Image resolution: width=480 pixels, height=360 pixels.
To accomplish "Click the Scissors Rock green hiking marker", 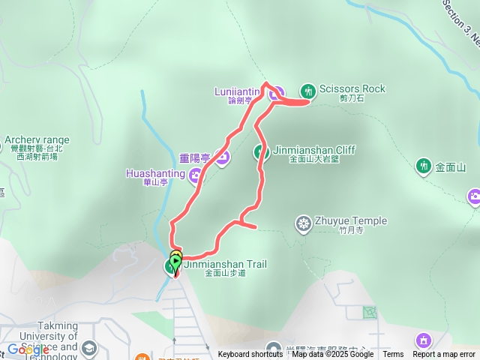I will pos(307,91).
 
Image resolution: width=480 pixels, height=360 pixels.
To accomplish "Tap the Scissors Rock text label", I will pos(352,88).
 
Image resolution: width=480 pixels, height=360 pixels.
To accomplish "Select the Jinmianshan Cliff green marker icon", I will pos(260,151).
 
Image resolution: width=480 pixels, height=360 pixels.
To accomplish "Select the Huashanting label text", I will pos(155,173).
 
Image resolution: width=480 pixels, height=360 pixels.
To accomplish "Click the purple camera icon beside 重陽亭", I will pos(222,157).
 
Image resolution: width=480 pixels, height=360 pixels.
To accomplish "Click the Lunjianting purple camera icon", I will pos(276,93).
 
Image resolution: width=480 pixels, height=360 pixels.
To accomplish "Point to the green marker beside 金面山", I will pos(424,166).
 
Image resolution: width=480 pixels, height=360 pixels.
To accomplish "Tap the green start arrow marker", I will pos(175,262).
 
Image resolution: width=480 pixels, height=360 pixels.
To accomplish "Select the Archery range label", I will pos(37,139).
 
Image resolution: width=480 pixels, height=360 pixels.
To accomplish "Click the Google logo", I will pos(28,349).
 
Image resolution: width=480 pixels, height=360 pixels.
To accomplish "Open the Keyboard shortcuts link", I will pos(250,355).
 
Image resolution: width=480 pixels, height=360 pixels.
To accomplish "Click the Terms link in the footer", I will pos(393,355).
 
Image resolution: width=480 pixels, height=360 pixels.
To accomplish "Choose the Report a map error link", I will pos(444,355).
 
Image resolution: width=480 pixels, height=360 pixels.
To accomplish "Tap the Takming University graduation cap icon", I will pos(90,348).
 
